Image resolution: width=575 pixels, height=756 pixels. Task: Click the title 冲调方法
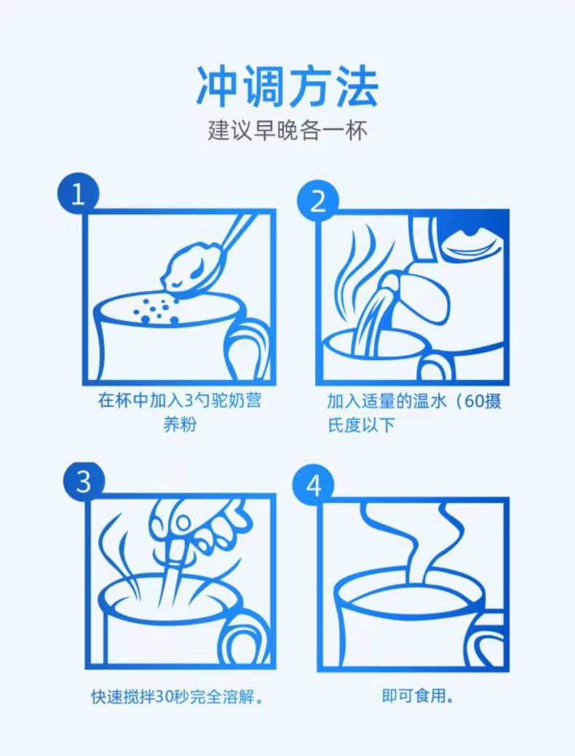point(287,87)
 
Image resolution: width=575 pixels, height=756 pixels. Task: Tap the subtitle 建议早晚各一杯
point(288,130)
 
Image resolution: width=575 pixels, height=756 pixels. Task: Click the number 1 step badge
point(78,194)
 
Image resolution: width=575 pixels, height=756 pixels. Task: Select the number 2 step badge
point(318,201)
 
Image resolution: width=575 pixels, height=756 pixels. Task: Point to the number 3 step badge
point(83,481)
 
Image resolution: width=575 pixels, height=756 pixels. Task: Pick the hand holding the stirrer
point(199,525)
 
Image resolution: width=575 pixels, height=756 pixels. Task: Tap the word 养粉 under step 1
point(180,425)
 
